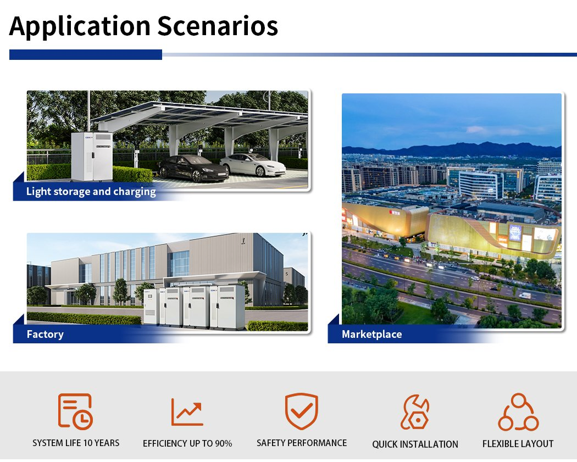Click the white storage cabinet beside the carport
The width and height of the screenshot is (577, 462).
tap(92, 155)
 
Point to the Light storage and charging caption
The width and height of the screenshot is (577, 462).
tap(91, 192)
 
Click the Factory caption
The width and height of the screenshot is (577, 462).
tap(45, 334)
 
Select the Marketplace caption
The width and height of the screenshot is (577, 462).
tap(371, 334)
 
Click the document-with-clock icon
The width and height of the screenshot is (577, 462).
tap(75, 411)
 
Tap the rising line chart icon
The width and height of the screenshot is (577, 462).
tap(187, 411)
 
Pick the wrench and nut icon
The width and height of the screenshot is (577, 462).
tap(415, 412)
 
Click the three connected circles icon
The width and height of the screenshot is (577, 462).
tap(518, 411)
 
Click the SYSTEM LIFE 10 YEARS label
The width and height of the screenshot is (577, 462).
tap(76, 443)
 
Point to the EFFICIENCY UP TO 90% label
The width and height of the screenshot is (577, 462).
tap(187, 443)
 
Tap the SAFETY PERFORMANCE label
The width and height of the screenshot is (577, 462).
tap(302, 443)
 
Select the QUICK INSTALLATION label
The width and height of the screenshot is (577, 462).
tap(415, 444)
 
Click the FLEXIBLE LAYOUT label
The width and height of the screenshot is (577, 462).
tap(518, 443)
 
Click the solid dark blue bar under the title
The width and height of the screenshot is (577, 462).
tap(86, 54)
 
